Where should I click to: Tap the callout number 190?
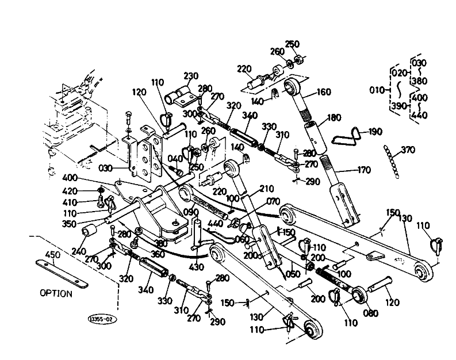click(375, 132)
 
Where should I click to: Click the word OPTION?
click(56, 293)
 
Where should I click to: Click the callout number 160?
click(324, 91)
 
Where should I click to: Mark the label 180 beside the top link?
click(334, 118)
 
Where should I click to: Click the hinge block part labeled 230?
click(178, 93)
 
